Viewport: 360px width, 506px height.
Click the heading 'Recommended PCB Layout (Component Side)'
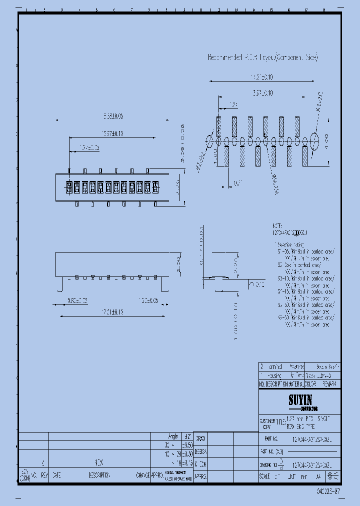pos(262,57)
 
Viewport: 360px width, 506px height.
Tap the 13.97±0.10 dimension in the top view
pos(112,133)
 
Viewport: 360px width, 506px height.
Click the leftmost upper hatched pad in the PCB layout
pos(219,126)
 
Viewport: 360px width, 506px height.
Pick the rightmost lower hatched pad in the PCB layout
pos(304,156)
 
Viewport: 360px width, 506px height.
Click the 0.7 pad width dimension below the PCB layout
pos(236,183)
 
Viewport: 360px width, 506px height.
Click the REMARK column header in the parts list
pos(329,384)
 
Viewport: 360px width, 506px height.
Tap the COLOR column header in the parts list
pos(311,384)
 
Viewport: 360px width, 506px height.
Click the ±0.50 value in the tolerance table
pos(187,444)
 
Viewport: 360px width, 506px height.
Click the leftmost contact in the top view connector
pos(69,188)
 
